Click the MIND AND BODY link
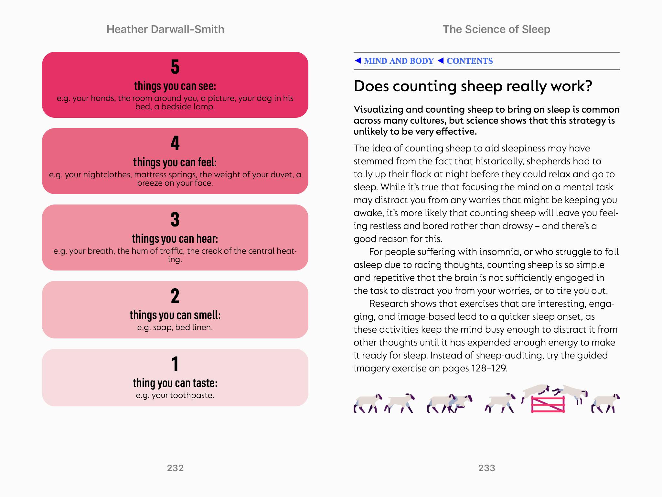pos(399,61)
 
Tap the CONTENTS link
pos(469,61)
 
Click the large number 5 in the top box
pos(175,67)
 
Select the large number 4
pos(175,143)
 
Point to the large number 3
pos(175,220)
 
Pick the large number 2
pos(175,296)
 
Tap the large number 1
pos(175,364)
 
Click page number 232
pos(175,468)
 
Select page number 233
pos(486,468)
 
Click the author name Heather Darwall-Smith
pos(165,29)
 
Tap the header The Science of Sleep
pos(496,29)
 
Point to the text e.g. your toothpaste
pos(175,395)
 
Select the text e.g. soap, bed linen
pos(175,327)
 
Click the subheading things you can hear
pos(175,239)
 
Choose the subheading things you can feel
pos(175,162)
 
